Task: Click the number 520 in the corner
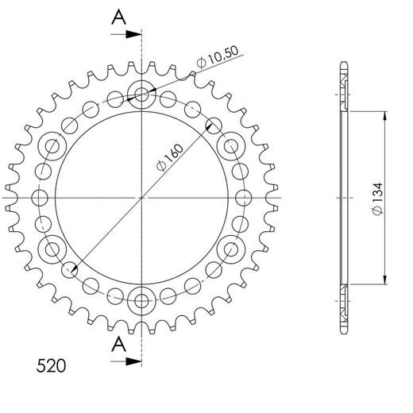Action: (x=51, y=367)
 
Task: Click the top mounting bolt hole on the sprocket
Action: (x=142, y=95)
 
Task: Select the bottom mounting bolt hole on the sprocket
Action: (x=142, y=299)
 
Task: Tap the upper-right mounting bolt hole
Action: (x=231, y=146)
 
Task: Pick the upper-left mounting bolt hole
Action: (x=54, y=146)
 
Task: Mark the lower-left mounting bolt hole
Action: (x=54, y=249)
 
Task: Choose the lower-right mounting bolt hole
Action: (x=231, y=249)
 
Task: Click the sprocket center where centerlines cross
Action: (x=142, y=197)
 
